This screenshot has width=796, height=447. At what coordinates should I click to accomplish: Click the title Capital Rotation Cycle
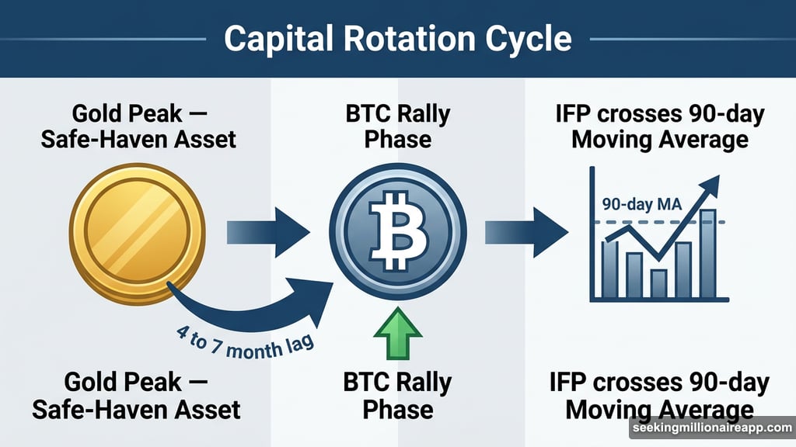tap(397, 38)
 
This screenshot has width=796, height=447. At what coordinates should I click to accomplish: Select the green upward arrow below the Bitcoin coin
tap(398, 335)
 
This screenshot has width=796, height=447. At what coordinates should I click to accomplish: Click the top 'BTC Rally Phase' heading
tap(397, 127)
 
